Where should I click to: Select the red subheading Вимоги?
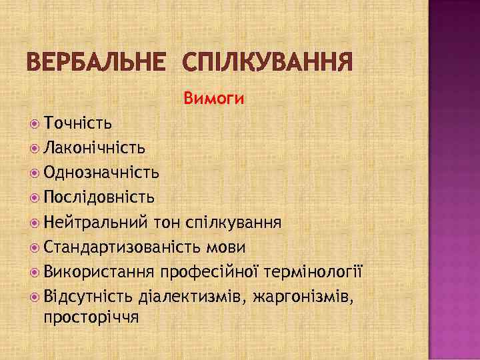click(x=214, y=99)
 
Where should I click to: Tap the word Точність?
click(x=78, y=123)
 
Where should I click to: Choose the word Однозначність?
click(x=101, y=173)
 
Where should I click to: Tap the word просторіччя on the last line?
click(x=91, y=317)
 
